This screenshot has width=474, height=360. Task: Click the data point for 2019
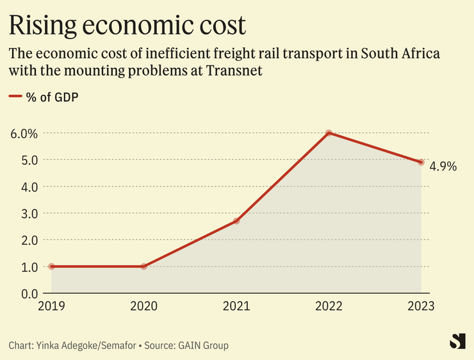click(51, 266)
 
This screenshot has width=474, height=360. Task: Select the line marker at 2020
click(143, 266)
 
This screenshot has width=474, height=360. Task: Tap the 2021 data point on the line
click(236, 221)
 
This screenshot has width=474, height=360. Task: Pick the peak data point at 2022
click(329, 133)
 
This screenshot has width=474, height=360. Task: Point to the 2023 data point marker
click(421, 162)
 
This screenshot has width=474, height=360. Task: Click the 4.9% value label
click(443, 167)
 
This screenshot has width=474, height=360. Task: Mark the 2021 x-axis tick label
click(236, 306)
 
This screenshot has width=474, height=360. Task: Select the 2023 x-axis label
click(420, 306)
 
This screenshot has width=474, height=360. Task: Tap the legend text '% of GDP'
click(56, 97)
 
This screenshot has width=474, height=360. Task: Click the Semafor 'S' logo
click(457, 341)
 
